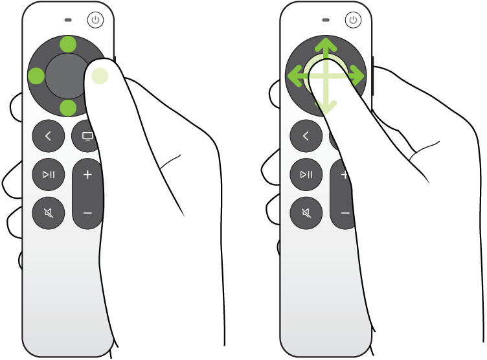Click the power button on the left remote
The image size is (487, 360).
pyautogui.click(x=96, y=20)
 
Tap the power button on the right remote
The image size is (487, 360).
pyautogui.click(x=353, y=20)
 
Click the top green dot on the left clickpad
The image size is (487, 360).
pyautogui.click(x=67, y=44)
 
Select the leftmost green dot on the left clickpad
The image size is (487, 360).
pyautogui.click(x=36, y=76)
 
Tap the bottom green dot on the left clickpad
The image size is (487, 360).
pyautogui.click(x=67, y=107)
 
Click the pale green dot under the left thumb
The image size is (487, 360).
pyautogui.click(x=100, y=76)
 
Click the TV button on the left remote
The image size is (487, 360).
pyautogui.click(x=86, y=136)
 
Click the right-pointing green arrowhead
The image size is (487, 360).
pyautogui.click(x=358, y=77)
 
